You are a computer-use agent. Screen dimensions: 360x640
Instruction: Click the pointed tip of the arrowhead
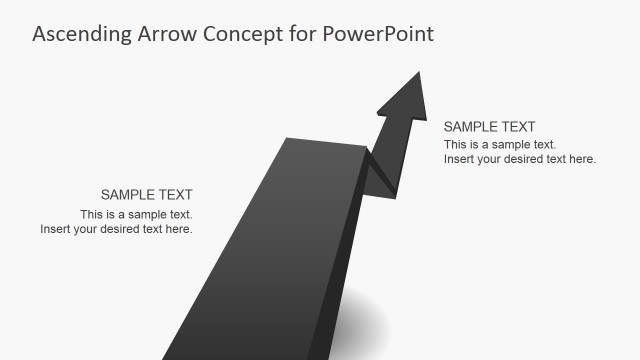tap(420, 71)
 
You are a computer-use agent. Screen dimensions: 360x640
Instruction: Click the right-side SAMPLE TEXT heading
tap(489, 127)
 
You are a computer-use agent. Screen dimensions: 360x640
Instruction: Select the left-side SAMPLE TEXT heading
tap(146, 195)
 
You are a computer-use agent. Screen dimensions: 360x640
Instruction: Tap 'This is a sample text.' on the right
tap(500, 145)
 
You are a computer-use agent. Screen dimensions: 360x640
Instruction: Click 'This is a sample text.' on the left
tap(136, 214)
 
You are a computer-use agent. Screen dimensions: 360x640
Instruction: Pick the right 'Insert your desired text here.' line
tap(520, 159)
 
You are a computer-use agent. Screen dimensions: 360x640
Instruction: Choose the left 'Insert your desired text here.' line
tap(116, 229)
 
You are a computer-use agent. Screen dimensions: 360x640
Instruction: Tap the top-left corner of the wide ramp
tap(288, 139)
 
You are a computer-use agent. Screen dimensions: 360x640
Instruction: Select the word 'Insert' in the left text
tap(57, 229)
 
